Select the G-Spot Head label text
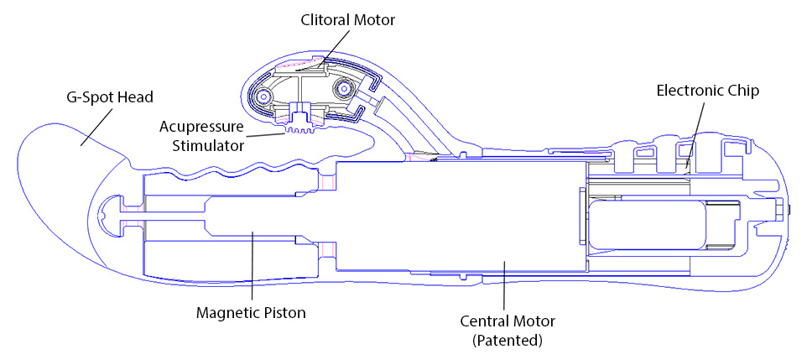111,97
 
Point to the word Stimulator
203,144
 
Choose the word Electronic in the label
687,91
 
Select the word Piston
283,312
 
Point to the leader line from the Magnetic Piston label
253,269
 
